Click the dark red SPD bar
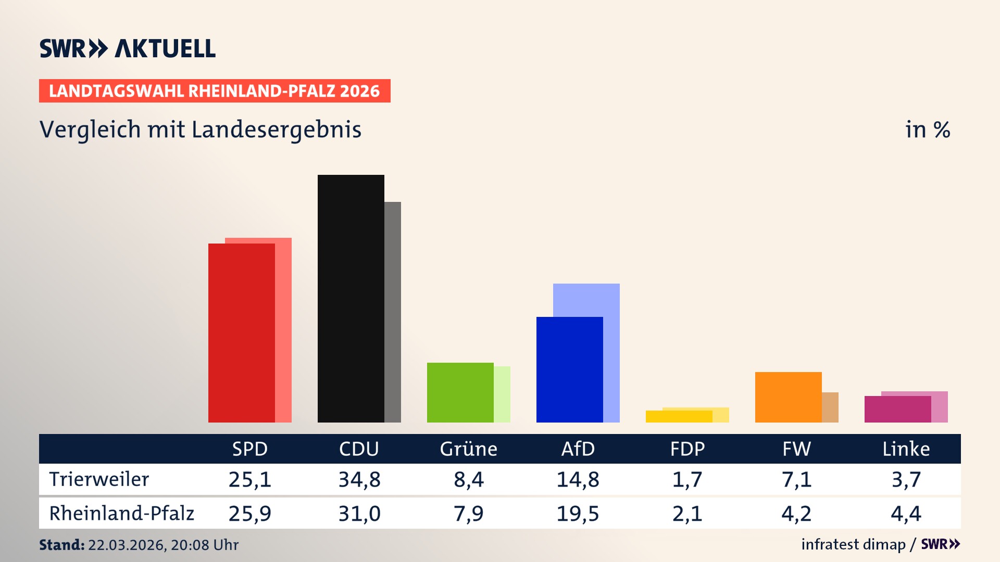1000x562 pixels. [241, 333]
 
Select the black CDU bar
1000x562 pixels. [351, 299]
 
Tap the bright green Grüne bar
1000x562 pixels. [460, 392]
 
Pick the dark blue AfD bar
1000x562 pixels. [569, 369]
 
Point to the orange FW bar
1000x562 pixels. [788, 397]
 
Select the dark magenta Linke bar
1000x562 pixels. [897, 409]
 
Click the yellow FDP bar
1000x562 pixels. [679, 416]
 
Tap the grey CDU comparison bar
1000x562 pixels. [393, 312]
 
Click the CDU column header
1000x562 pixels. [359, 449]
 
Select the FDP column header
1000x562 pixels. [687, 449]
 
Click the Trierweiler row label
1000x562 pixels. [99, 479]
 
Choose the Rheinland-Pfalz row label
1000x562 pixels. [121, 514]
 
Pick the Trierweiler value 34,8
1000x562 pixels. [359, 479]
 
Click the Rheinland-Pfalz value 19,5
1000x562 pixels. [578, 514]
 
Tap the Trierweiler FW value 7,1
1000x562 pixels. [796, 479]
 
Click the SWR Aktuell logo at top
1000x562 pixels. [127, 48]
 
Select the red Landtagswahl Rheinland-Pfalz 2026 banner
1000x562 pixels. [215, 91]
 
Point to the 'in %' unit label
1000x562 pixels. [927, 130]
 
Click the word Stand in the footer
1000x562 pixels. [61, 545]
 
